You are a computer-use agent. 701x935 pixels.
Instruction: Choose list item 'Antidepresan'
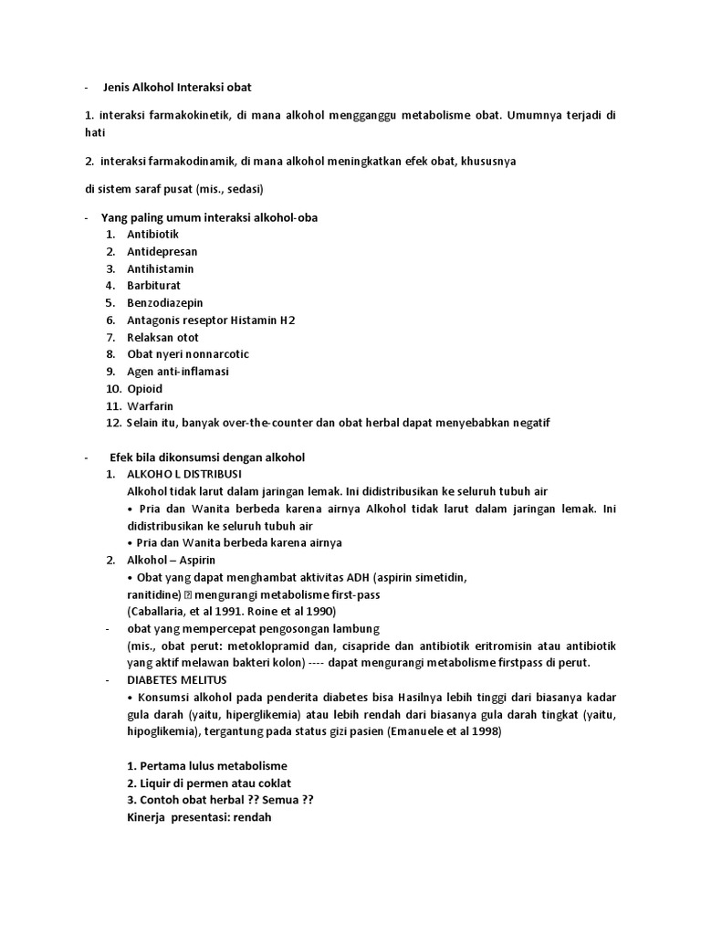162,252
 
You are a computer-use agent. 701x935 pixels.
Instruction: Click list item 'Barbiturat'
155,286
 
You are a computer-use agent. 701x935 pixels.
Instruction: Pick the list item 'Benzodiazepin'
165,303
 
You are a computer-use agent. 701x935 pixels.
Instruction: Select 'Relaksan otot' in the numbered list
162,337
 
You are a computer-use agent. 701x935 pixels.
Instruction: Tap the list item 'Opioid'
145,388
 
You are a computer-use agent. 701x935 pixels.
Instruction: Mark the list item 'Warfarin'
150,405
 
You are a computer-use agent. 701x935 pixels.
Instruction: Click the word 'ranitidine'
154,594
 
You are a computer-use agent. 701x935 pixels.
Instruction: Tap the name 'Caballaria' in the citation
159,611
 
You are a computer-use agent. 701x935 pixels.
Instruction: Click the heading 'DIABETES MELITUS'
178,679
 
